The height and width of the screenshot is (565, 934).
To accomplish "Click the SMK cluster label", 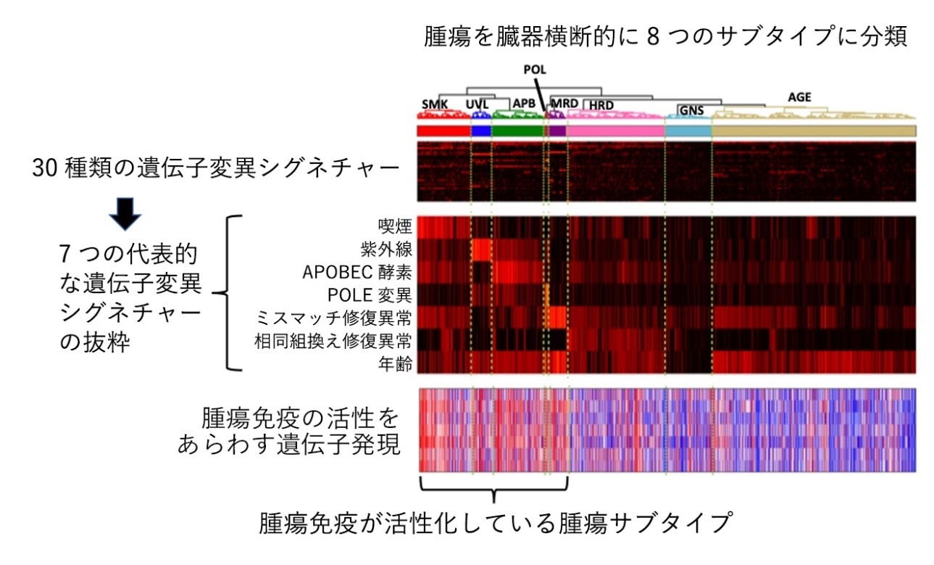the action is pyautogui.click(x=435, y=104).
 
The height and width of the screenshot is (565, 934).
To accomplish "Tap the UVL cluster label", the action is pyautogui.click(x=477, y=104).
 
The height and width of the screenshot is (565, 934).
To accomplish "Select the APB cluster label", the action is pyautogui.click(x=524, y=103).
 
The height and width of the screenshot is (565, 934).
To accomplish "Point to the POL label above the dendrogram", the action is pyautogui.click(x=535, y=70).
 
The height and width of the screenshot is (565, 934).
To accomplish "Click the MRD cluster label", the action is pyautogui.click(x=564, y=103).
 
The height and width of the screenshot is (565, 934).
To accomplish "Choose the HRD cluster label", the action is pyautogui.click(x=601, y=105).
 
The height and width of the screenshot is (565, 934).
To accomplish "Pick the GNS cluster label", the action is pyautogui.click(x=691, y=110).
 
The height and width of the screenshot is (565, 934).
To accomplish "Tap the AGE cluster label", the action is pyautogui.click(x=799, y=97).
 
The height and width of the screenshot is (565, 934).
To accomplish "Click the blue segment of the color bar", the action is pyautogui.click(x=480, y=131).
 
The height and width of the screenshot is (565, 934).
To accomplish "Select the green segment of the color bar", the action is pyautogui.click(x=517, y=131).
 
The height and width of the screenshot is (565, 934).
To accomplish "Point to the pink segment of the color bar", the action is pyautogui.click(x=615, y=131).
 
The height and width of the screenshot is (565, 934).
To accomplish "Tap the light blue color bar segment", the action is pyautogui.click(x=688, y=131).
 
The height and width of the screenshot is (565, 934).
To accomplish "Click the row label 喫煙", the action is pyautogui.click(x=395, y=226).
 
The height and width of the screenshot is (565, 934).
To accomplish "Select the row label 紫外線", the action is pyautogui.click(x=386, y=249).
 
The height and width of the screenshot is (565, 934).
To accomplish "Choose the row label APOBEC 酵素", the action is pyautogui.click(x=357, y=273).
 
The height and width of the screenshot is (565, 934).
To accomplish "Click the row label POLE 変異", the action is pyautogui.click(x=370, y=295).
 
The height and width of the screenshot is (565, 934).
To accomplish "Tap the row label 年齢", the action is pyautogui.click(x=395, y=364).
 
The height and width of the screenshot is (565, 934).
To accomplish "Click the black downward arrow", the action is pyautogui.click(x=125, y=214).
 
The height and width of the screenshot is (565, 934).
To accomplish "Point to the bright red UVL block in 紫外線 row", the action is pyautogui.click(x=482, y=250).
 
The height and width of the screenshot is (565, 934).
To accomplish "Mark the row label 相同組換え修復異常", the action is pyautogui.click(x=333, y=342).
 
